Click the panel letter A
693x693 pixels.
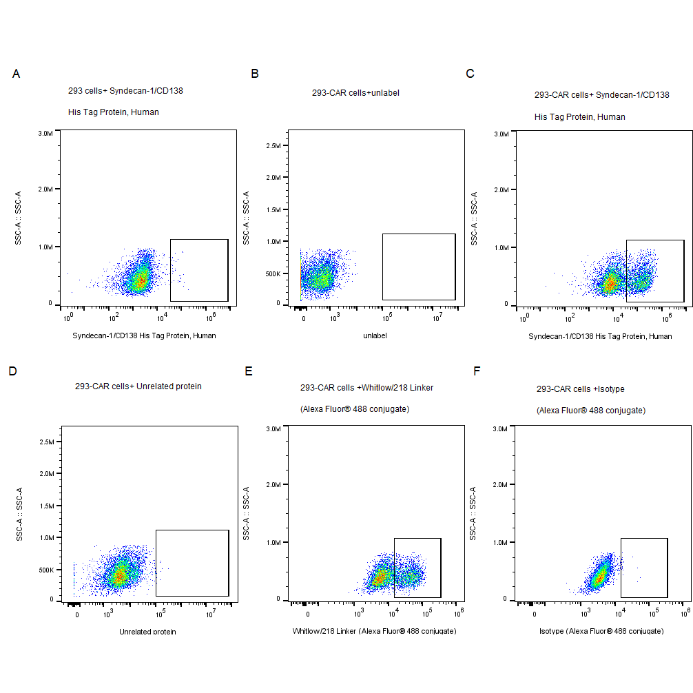point(16,74)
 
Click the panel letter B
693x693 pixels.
point(255,74)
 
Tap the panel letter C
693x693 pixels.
point(470,74)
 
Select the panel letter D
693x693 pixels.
point(12,371)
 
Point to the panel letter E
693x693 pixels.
point(249,371)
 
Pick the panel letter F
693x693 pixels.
point(477,371)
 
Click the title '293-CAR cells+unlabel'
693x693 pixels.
point(355,92)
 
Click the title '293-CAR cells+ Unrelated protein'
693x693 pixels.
point(138,386)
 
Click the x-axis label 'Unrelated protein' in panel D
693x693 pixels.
point(147,632)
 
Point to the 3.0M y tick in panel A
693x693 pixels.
point(45,133)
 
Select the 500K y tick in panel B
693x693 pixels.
point(272,273)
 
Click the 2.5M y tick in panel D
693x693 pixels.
point(45,442)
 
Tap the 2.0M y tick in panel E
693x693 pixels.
point(273,485)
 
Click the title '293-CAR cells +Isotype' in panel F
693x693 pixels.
point(580,389)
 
